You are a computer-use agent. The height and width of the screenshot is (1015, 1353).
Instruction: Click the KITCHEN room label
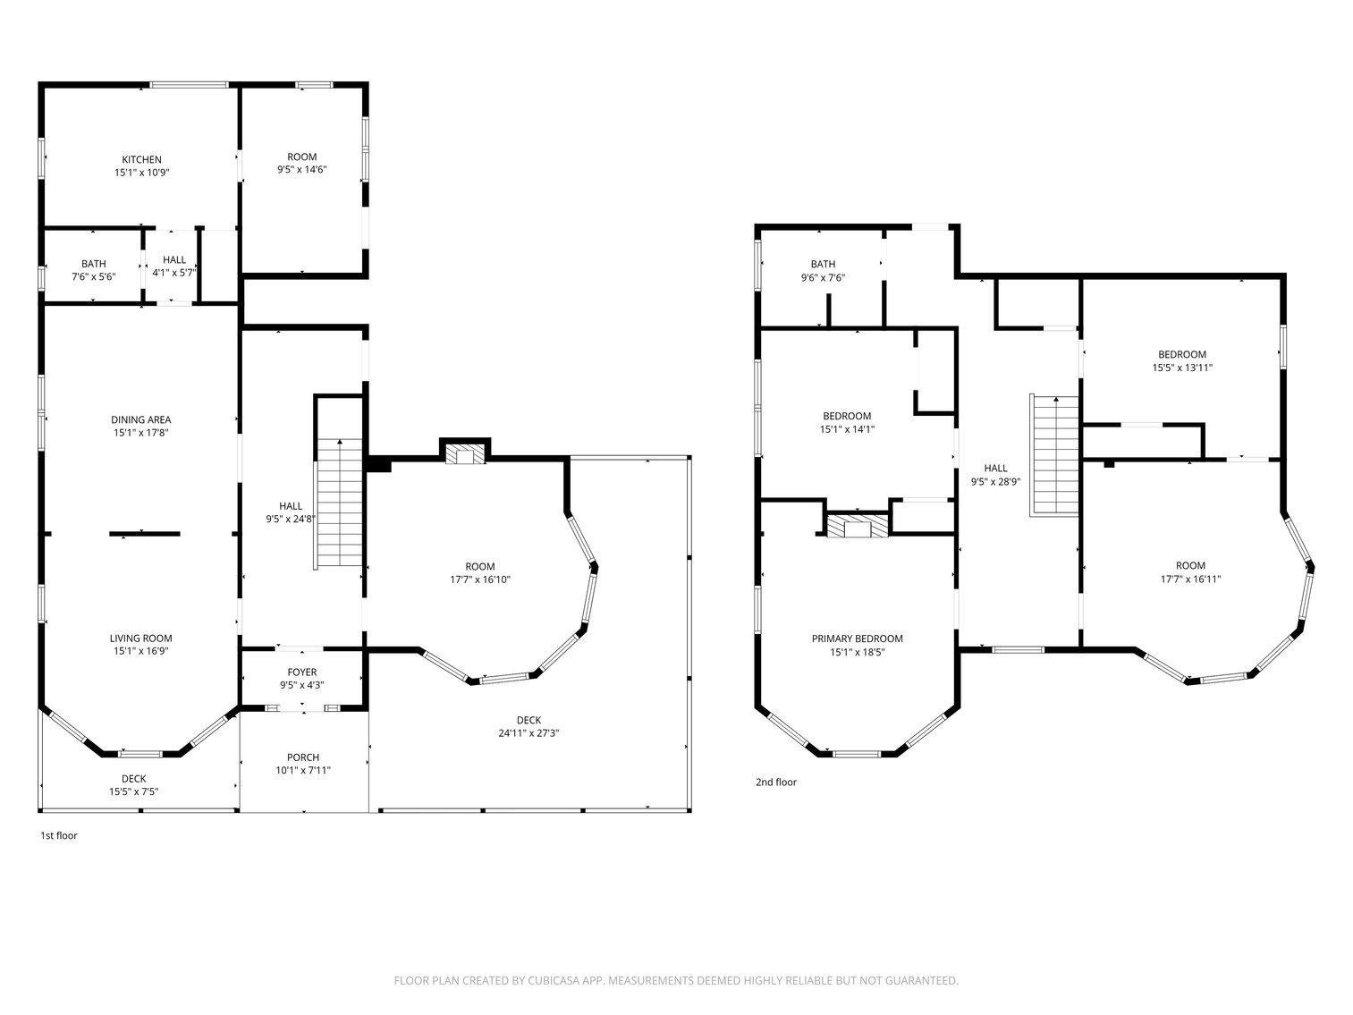click(142, 159)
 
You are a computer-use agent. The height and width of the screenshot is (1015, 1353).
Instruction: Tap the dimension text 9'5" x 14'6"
click(302, 170)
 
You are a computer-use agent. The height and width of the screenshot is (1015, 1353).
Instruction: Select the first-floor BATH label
click(94, 264)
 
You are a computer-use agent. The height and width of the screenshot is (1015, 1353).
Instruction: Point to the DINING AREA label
click(141, 419)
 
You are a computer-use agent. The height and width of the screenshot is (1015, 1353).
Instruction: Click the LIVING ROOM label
click(141, 639)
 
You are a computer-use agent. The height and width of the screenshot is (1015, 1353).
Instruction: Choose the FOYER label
click(302, 672)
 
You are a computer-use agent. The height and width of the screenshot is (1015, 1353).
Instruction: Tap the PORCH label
click(303, 757)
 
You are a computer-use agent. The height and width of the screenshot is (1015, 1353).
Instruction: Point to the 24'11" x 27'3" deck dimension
click(529, 733)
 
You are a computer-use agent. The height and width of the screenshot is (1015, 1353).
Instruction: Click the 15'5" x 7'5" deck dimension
click(134, 792)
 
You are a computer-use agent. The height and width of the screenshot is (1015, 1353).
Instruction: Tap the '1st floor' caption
click(59, 835)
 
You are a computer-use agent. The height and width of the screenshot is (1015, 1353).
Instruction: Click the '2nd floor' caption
click(776, 782)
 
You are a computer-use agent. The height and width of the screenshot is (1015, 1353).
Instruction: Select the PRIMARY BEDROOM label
click(858, 639)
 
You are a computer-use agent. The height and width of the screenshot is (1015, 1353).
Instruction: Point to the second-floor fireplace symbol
click(858, 527)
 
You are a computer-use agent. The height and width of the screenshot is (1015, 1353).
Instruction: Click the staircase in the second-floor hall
click(1054, 455)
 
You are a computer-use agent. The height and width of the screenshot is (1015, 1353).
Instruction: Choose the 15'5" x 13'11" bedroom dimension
click(1182, 368)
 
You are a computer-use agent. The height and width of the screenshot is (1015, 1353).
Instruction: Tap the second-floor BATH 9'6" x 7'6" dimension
click(823, 278)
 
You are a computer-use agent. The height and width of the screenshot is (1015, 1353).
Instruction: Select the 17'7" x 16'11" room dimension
click(1190, 579)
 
